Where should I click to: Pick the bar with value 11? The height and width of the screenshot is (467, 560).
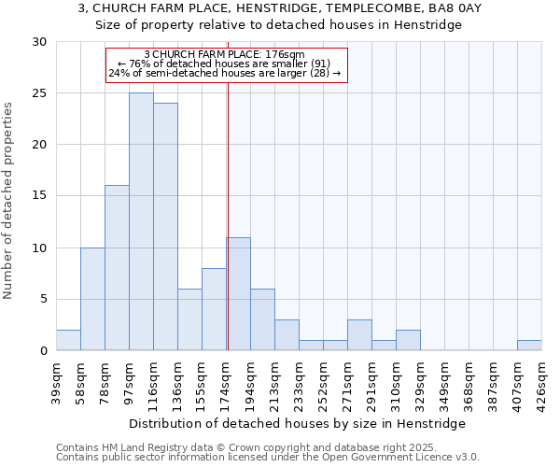point(238,294)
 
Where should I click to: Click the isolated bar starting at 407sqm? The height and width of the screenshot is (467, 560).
point(529,346)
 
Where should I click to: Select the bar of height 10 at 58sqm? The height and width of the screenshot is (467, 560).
point(92,299)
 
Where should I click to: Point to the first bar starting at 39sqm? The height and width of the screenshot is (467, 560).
point(68,340)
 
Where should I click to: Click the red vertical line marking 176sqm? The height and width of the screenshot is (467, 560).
point(228,215)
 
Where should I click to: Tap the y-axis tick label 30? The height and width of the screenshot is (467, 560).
point(38,42)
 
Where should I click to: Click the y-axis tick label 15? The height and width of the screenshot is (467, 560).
point(38,196)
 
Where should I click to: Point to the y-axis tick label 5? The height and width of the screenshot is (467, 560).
point(42,299)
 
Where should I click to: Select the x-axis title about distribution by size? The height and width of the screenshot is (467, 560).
point(297,423)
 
